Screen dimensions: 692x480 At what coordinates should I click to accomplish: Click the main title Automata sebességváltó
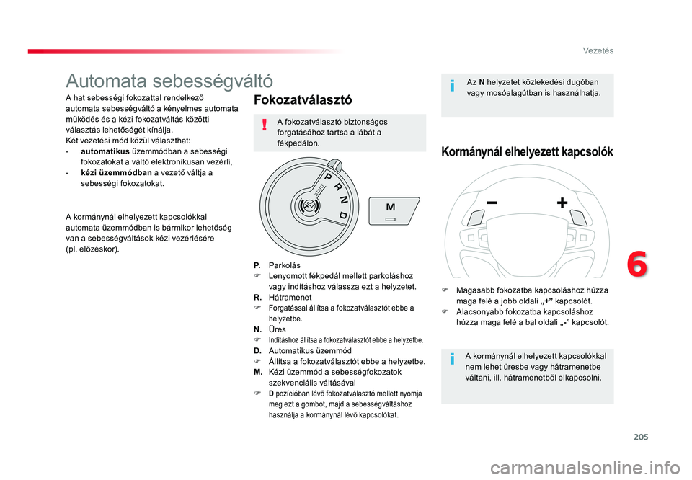pyautogui.click(x=169, y=81)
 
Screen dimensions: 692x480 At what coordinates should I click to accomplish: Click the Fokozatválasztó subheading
pyautogui.click(x=303, y=100)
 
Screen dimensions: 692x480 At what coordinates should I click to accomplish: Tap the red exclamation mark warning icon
pyautogui.click(x=265, y=125)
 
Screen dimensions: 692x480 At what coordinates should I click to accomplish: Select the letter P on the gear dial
pyautogui.click(x=329, y=177)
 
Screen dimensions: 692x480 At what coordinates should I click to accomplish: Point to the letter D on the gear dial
pyautogui.click(x=343, y=215)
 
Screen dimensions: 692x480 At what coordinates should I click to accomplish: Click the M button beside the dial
pyautogui.click(x=394, y=211)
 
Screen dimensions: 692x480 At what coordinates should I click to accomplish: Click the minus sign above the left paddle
pyautogui.click(x=492, y=203)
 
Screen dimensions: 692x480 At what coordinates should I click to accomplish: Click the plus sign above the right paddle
pyautogui.click(x=562, y=203)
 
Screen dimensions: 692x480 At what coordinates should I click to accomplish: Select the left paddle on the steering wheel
pyautogui.click(x=476, y=218)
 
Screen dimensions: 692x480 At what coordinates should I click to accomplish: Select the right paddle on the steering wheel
pyautogui.click(x=579, y=218)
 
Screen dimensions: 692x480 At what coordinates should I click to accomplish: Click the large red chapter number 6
pyautogui.click(x=636, y=264)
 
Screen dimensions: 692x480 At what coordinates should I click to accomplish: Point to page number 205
pyautogui.click(x=641, y=437)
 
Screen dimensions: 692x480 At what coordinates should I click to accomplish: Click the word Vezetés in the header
pyautogui.click(x=598, y=50)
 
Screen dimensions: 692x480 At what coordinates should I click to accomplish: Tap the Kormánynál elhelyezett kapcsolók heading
pyautogui.click(x=527, y=152)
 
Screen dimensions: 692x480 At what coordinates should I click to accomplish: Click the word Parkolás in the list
pyautogui.click(x=284, y=265)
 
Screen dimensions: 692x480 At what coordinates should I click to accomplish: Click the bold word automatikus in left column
pyautogui.click(x=105, y=151)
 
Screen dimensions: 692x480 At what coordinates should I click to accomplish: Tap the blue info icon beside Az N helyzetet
pyautogui.click(x=452, y=85)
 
